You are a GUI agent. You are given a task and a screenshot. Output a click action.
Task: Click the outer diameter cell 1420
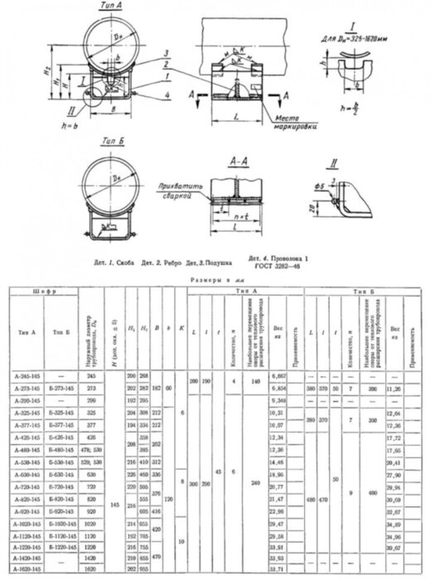click(x=90, y=558)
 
